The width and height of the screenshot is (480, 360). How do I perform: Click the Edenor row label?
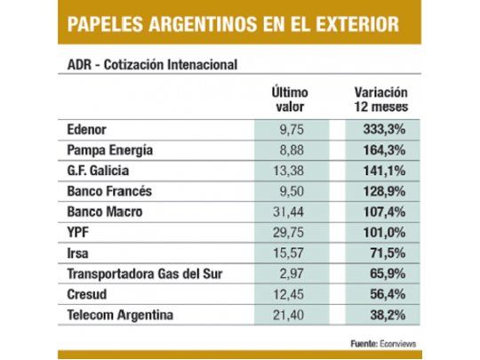point(88,128)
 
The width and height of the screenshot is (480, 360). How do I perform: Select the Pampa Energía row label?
point(111,149)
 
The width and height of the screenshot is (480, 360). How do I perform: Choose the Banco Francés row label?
point(108,191)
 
